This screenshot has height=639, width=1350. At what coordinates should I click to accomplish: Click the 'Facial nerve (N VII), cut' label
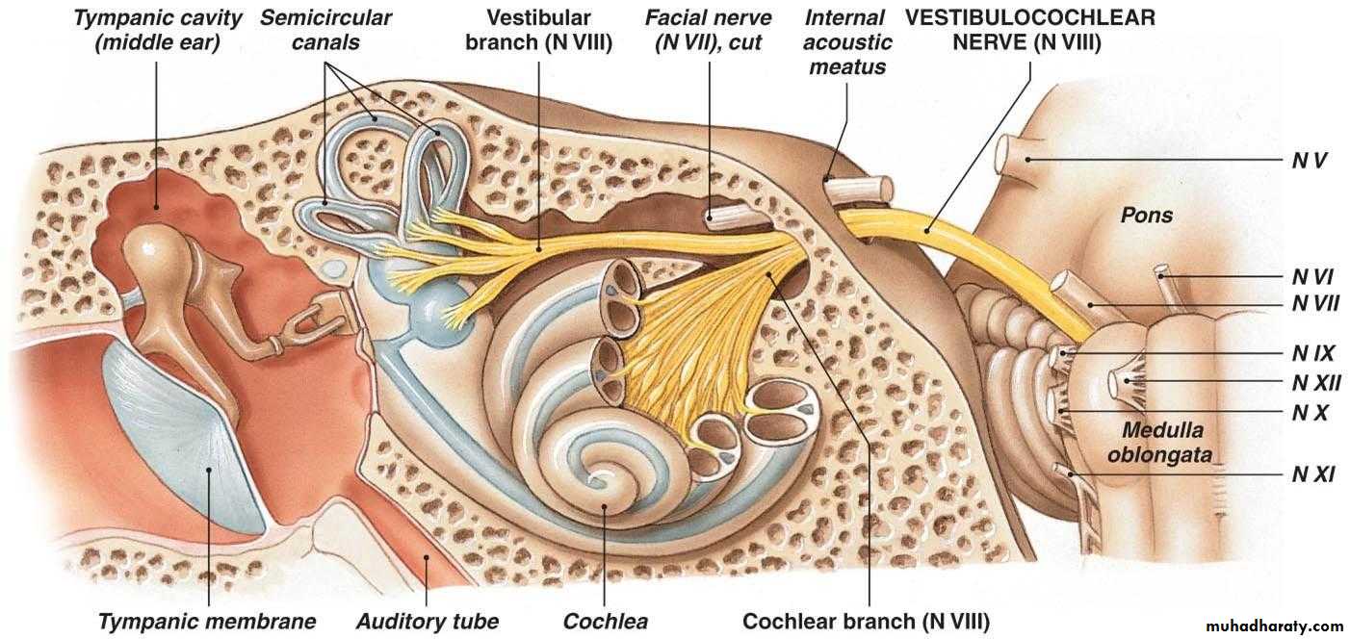coord(708,30)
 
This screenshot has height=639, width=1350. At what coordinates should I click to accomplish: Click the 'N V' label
coord(1310,160)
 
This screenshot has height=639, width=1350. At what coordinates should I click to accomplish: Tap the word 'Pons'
coord(1146,215)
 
